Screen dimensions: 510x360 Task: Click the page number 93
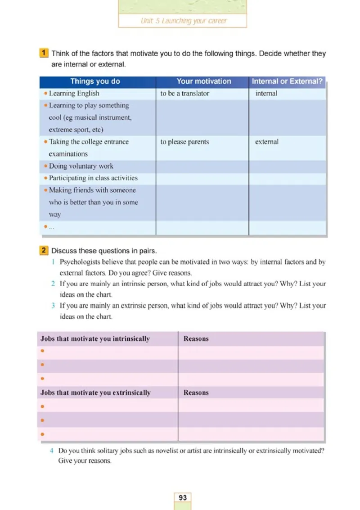(183, 497)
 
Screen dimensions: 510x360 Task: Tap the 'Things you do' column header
(95, 81)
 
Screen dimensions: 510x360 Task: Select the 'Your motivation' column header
(204, 81)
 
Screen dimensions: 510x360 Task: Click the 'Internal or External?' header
(287, 81)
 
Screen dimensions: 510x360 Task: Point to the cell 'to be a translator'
(184, 94)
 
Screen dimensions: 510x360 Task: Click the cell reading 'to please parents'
(184, 142)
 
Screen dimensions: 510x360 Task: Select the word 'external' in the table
(267, 142)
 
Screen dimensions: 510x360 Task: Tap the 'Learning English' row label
(74, 94)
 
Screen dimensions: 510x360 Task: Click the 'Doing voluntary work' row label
(81, 166)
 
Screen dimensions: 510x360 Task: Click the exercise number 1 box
(44, 54)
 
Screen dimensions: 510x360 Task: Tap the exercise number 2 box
(44, 250)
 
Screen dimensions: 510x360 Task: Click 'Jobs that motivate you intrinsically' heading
(95, 339)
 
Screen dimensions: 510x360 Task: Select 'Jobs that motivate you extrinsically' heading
(95, 393)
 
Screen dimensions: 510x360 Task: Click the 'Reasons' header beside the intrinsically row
(196, 339)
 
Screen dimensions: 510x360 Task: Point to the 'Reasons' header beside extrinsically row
(196, 393)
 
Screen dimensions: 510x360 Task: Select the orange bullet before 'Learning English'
(46, 94)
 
